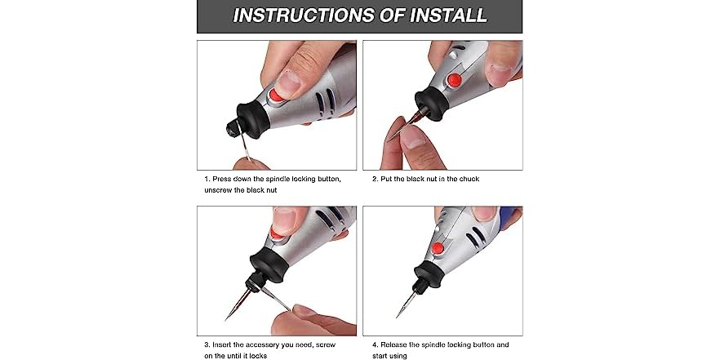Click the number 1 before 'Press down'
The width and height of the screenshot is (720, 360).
(x=207, y=177)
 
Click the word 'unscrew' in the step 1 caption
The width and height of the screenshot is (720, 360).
(x=220, y=189)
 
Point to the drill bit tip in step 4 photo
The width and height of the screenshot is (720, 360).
(x=398, y=315)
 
